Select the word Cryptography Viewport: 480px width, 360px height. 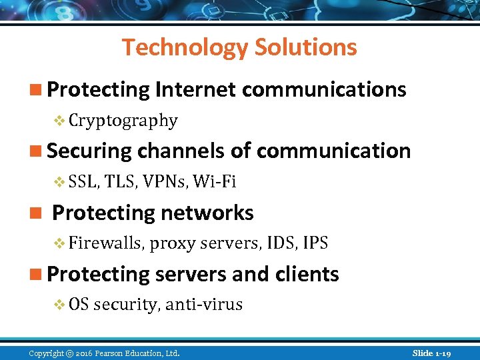tap(123, 121)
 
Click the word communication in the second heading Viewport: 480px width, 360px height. tap(333, 151)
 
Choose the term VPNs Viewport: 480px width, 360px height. tap(163, 182)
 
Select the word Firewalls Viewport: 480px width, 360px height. tap(105, 243)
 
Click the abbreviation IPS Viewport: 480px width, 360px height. tap(315, 243)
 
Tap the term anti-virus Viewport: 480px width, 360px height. tap(204, 305)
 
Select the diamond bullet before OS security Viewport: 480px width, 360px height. tap(59, 305)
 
